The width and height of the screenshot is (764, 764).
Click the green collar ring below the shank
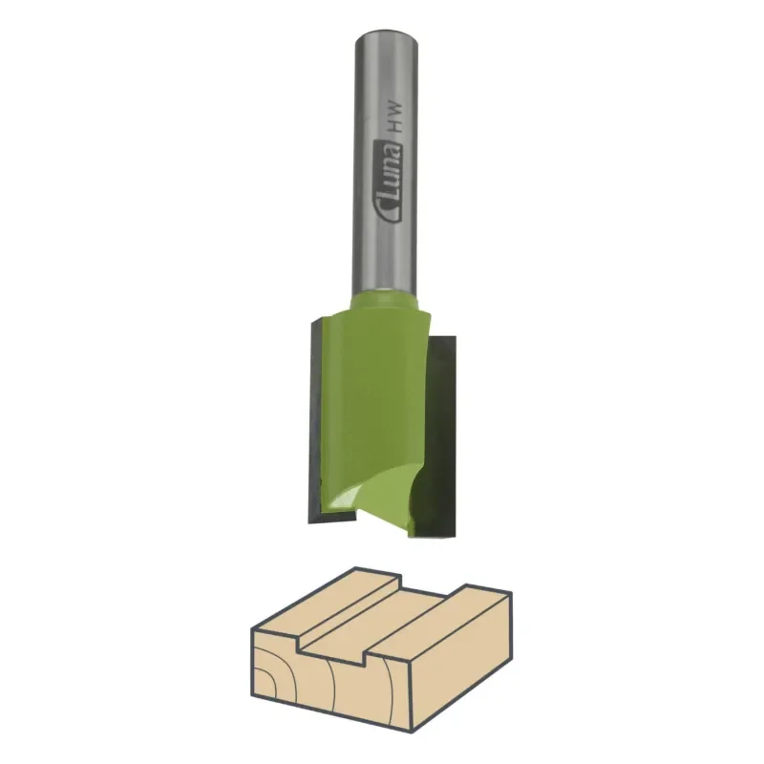pos(385,301)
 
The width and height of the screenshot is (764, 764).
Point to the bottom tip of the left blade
pos(309,522)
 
